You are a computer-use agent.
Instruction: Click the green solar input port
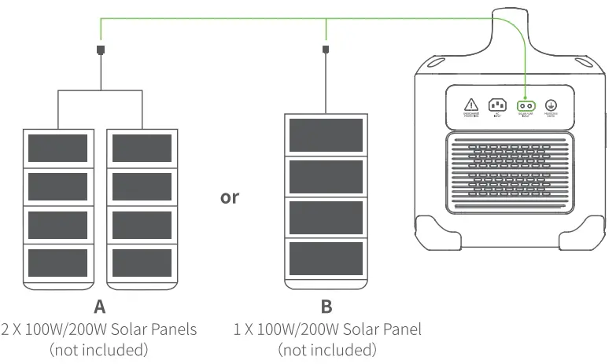click(526, 105)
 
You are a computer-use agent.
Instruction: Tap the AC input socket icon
click(498, 105)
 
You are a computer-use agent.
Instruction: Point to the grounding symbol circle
click(551, 105)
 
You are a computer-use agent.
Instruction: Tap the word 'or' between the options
click(229, 197)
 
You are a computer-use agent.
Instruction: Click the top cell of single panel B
click(326, 135)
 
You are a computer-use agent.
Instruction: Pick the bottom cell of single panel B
click(326, 258)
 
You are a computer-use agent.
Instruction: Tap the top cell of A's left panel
click(57, 146)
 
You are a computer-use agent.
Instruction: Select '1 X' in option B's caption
click(243, 329)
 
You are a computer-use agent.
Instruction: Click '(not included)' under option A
click(98, 349)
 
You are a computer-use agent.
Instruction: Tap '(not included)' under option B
click(327, 349)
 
